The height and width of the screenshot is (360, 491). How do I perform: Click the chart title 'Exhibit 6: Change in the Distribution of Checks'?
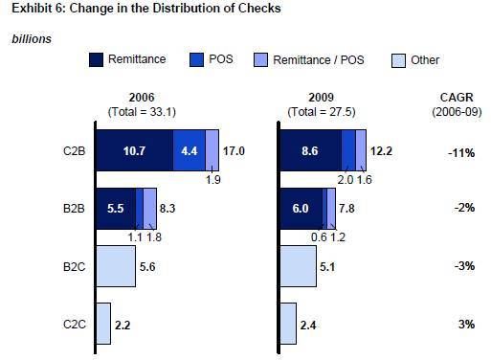click(134, 11)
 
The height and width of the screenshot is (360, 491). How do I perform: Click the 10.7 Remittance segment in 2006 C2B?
click(134, 150)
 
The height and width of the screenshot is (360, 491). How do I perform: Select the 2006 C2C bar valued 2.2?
click(103, 324)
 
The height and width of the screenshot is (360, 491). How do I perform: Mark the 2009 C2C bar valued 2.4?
click(287, 324)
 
